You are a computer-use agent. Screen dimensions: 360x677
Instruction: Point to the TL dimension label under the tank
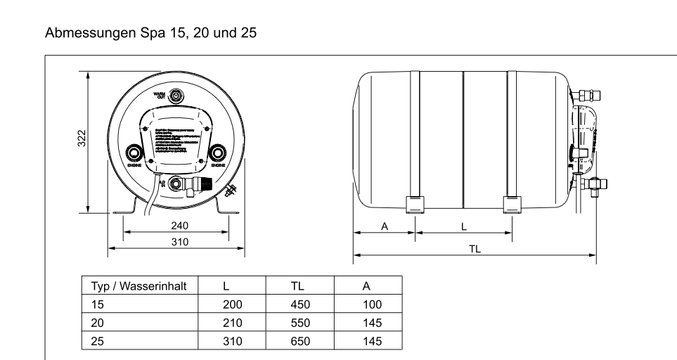pyautogui.click(x=475, y=249)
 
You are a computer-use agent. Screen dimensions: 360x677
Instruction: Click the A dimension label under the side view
pyautogui.click(x=384, y=225)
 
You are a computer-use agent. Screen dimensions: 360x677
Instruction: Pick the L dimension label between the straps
pyautogui.click(x=463, y=225)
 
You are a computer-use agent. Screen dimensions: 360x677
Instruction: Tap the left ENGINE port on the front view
pyautogui.click(x=134, y=153)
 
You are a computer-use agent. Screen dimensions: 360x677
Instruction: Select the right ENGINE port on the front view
pyautogui.click(x=219, y=153)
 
